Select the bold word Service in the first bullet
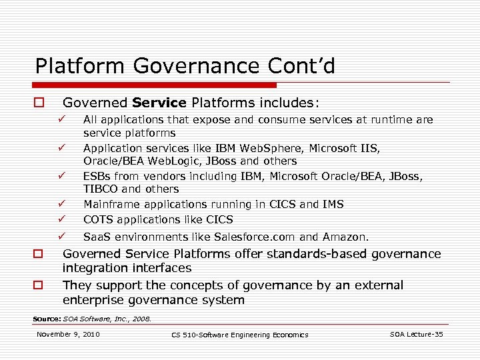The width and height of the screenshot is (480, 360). click(x=159, y=103)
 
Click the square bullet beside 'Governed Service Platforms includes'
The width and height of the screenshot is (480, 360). click(x=39, y=103)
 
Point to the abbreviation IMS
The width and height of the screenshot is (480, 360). click(x=332, y=204)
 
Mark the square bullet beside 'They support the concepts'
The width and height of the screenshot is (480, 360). click(x=39, y=285)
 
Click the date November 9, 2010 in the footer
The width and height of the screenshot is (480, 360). click(x=68, y=334)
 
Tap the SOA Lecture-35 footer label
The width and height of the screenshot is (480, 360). click(x=416, y=334)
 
